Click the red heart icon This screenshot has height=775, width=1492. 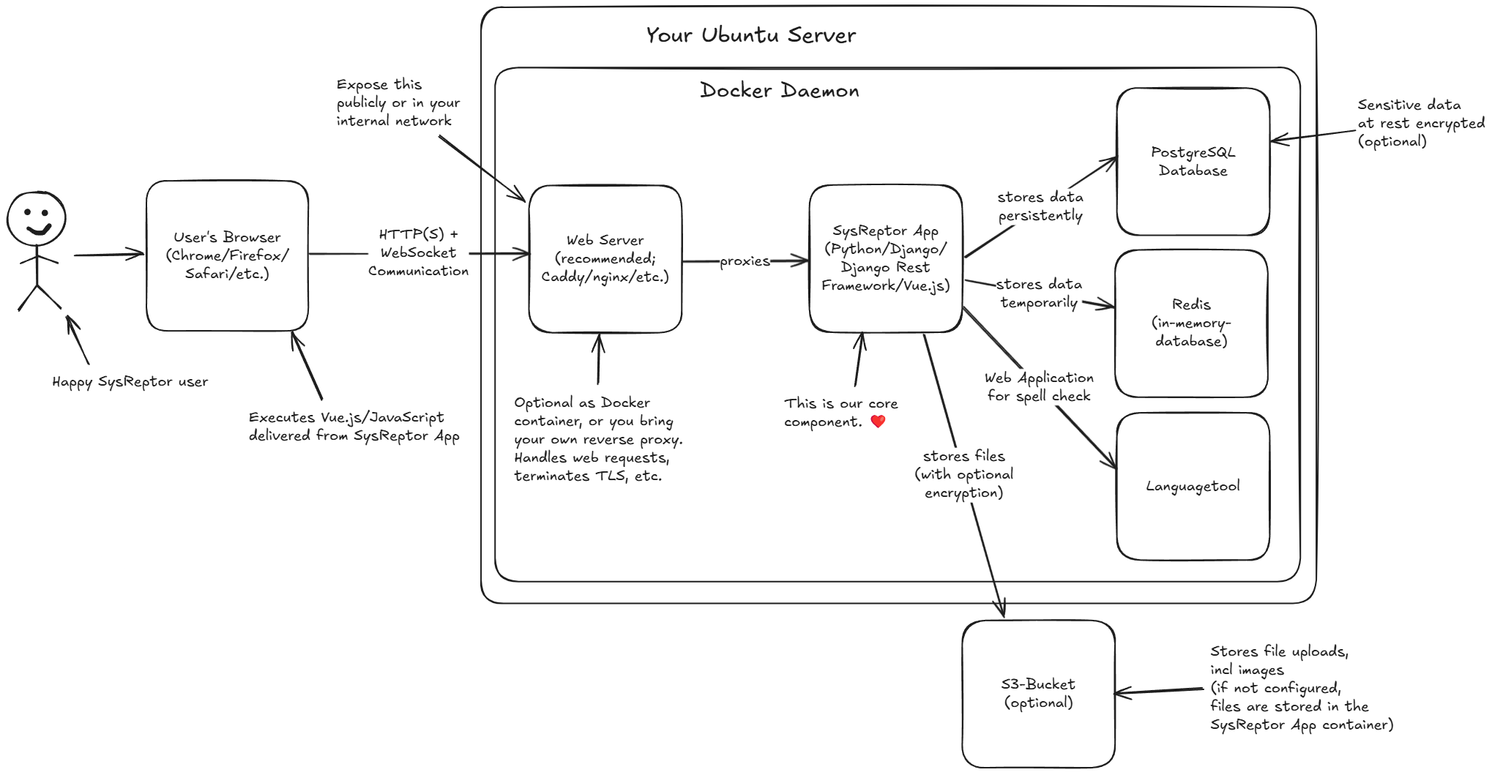click(x=878, y=421)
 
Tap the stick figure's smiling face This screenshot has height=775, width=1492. click(x=37, y=218)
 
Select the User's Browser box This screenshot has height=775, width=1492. click(x=227, y=255)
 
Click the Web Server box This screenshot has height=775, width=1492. click(x=605, y=258)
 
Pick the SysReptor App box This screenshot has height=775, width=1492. click(x=885, y=258)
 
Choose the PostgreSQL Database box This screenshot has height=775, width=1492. click(x=1193, y=161)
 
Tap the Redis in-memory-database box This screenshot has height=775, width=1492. click(x=1191, y=323)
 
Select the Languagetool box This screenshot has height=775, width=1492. click(x=1193, y=486)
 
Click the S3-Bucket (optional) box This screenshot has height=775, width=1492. click(x=1038, y=693)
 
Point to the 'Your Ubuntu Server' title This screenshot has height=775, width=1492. click(x=750, y=35)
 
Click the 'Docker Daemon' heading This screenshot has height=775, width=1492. click(x=779, y=91)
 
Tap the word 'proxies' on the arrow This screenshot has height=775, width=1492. click(x=745, y=261)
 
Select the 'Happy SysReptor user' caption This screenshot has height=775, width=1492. click(x=130, y=381)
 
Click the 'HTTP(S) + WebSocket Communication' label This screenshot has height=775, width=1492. click(x=418, y=252)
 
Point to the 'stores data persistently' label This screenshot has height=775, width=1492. click(x=1040, y=206)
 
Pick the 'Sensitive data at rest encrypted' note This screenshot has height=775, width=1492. click(x=1420, y=123)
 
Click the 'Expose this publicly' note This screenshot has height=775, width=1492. click(x=398, y=102)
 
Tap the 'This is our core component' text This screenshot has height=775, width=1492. click(x=840, y=412)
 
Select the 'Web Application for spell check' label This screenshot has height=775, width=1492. click(x=1038, y=386)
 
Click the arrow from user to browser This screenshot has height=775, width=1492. click(x=108, y=255)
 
